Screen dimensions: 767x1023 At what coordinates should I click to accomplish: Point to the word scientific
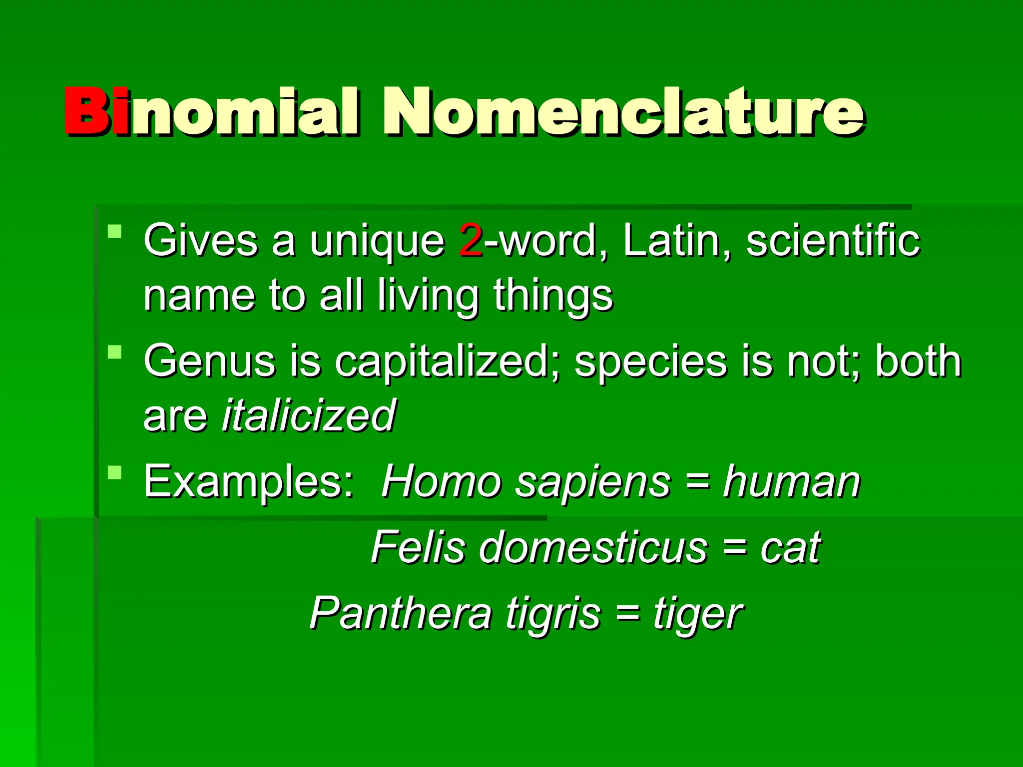coord(833,241)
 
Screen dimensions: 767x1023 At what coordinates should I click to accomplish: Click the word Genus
coord(209,361)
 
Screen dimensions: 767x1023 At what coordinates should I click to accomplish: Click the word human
coord(792,482)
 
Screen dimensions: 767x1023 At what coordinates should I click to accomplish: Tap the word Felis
coord(418,547)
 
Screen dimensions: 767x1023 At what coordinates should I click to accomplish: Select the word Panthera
coord(400,613)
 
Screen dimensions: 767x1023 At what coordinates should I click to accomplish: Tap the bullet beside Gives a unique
coord(114,231)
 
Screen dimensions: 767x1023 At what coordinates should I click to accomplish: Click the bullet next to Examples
coord(114,472)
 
